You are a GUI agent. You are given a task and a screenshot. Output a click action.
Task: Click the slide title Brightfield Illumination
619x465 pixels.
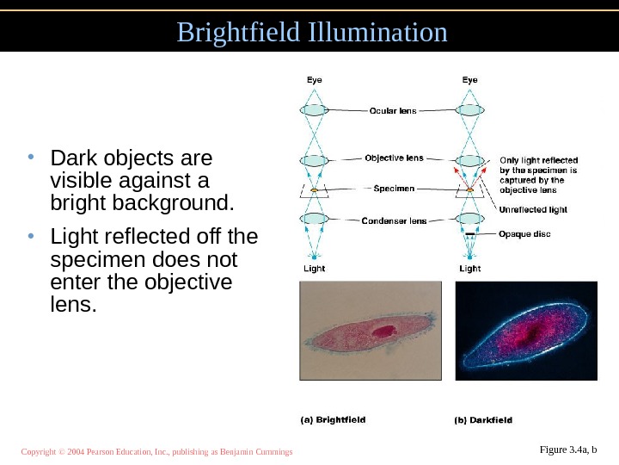pyautogui.click(x=312, y=32)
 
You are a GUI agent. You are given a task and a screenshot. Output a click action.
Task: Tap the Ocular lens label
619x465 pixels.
pyautogui.click(x=393, y=110)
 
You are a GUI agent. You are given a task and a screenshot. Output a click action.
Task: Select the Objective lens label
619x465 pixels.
pyautogui.click(x=394, y=158)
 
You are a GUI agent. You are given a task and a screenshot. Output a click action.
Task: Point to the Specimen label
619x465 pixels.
pyautogui.click(x=395, y=188)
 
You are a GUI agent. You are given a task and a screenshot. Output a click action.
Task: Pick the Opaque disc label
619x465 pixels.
pyautogui.click(x=525, y=233)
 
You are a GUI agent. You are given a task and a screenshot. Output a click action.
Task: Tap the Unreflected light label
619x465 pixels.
pyautogui.click(x=534, y=209)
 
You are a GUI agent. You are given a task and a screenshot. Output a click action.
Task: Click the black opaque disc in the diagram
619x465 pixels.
pyautogui.click(x=470, y=233)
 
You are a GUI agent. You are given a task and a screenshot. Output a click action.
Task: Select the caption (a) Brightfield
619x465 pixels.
pyautogui.click(x=333, y=420)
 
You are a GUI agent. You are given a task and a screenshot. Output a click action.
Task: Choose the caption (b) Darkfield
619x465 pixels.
pyautogui.click(x=483, y=420)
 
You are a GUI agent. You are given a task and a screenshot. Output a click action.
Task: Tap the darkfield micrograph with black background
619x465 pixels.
pyautogui.click(x=525, y=332)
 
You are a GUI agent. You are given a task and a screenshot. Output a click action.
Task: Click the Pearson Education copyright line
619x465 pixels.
pyautogui.click(x=157, y=451)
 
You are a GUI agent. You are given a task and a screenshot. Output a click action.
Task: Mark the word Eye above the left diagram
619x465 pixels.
pyautogui.click(x=316, y=80)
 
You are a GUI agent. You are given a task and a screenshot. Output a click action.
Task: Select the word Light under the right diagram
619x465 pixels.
pyautogui.click(x=470, y=268)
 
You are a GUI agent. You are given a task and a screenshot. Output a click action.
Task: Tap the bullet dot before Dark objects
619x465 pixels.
pyautogui.click(x=30, y=158)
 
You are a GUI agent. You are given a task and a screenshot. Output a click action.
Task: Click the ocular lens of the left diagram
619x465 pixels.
pyautogui.click(x=315, y=110)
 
